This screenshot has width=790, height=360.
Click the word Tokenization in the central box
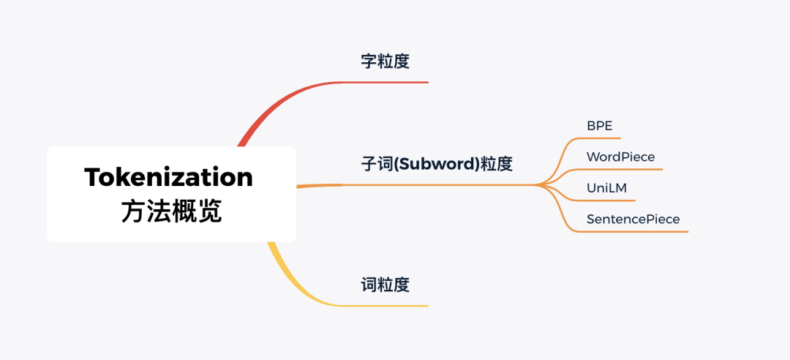pyautogui.click(x=169, y=177)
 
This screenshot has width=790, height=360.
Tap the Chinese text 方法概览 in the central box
pyautogui.click(x=171, y=211)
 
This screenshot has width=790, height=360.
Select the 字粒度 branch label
pyautogui.click(x=385, y=61)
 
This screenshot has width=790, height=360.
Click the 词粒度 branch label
pyautogui.click(x=385, y=285)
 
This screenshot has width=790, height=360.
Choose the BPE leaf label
pyautogui.click(x=599, y=125)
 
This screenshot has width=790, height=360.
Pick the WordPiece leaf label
pyautogui.click(x=620, y=157)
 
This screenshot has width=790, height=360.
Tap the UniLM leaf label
pyautogui.click(x=606, y=188)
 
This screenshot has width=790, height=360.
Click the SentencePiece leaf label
pyautogui.click(x=633, y=219)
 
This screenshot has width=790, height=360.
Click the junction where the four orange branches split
pyautogui.click(x=538, y=185)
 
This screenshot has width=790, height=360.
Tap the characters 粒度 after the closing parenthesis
pyautogui.click(x=496, y=164)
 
